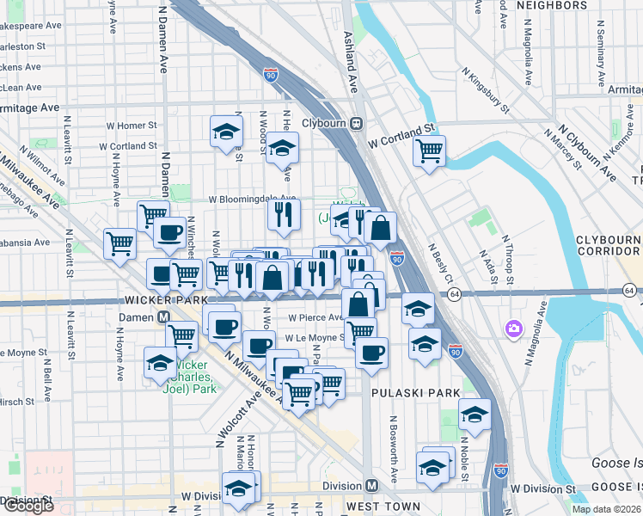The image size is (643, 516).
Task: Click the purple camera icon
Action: tap(514, 328)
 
